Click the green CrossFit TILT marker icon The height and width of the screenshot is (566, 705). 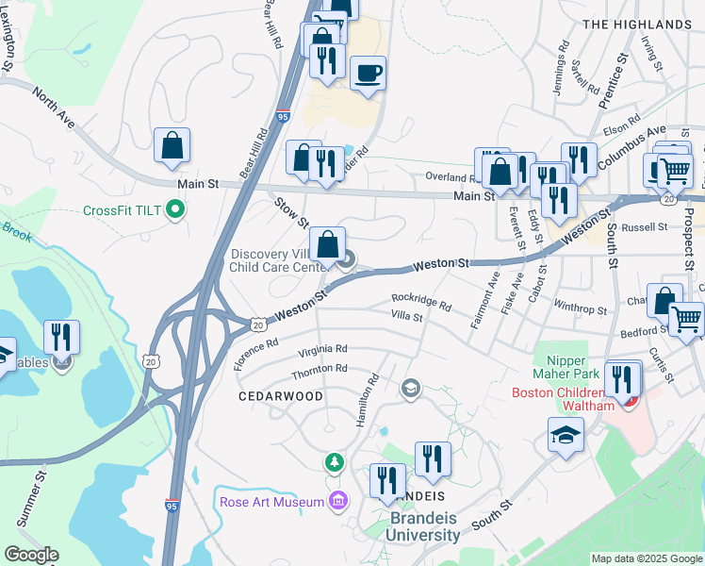(174, 209)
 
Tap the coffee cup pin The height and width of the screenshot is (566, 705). (368, 73)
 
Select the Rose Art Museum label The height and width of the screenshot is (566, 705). (271, 502)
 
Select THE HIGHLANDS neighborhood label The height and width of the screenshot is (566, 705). (636, 24)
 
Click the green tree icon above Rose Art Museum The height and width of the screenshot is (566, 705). (333, 462)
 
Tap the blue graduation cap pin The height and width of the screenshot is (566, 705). (565, 436)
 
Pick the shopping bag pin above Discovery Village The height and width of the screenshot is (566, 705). (326, 244)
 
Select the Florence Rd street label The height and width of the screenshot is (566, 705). (257, 355)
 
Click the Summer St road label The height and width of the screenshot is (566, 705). (29, 500)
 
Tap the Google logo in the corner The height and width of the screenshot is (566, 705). (31, 555)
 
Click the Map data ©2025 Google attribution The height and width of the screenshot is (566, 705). (647, 558)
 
